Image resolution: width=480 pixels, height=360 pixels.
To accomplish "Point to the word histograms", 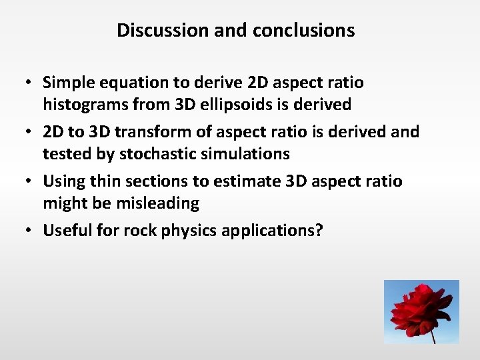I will point(81,105).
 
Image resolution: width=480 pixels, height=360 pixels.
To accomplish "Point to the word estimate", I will point(242,181).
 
